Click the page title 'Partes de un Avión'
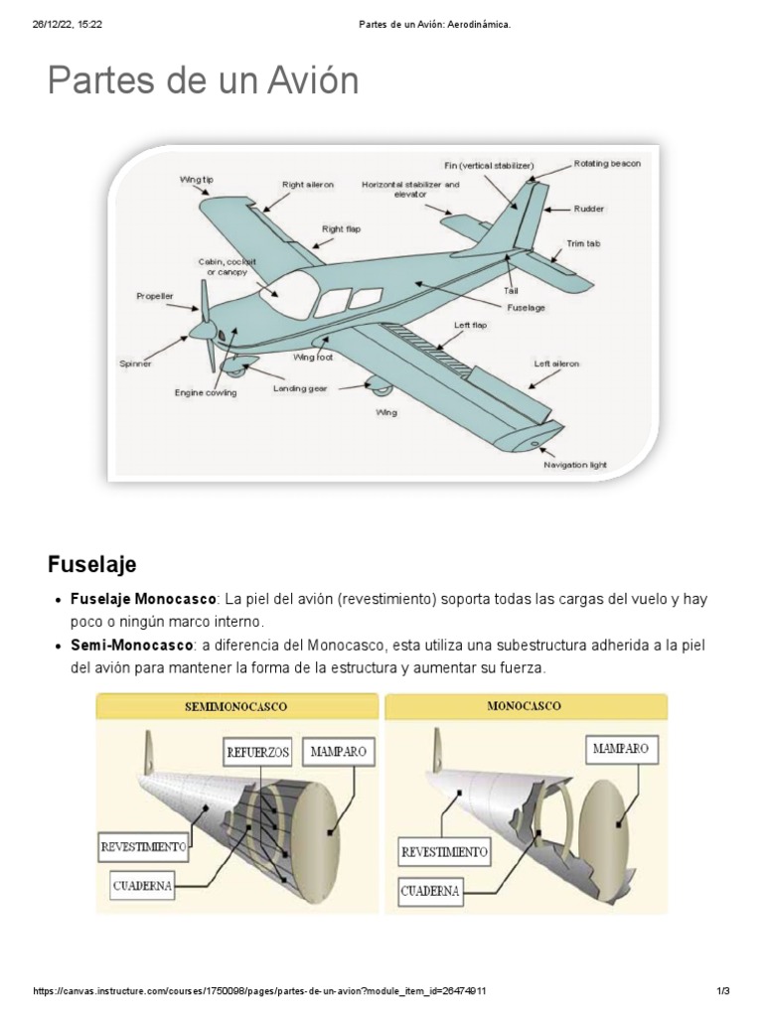click(x=203, y=80)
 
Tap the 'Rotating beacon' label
click(x=607, y=163)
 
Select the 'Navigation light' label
click(x=574, y=464)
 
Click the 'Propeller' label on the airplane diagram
click(x=154, y=295)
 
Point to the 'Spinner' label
click(x=135, y=363)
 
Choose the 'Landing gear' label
click(x=300, y=388)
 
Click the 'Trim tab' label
click(x=583, y=242)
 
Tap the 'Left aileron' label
click(x=556, y=363)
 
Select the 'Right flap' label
click(x=341, y=228)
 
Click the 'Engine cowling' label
click(x=206, y=393)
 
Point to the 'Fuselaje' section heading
click(x=91, y=564)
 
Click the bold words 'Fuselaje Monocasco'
click(x=143, y=601)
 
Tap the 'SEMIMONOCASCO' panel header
click(x=236, y=706)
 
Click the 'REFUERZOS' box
click(x=257, y=752)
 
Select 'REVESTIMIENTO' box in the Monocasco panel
click(x=445, y=851)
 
